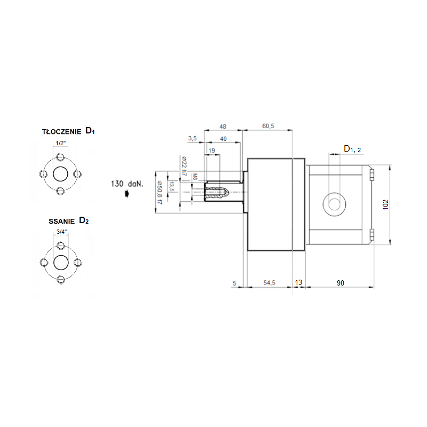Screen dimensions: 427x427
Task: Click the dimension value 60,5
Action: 268,126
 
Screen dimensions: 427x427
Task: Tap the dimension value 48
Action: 223,126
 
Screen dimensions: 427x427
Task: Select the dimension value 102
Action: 385,204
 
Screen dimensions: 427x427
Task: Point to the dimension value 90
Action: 341,283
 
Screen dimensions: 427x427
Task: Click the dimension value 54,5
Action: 270,283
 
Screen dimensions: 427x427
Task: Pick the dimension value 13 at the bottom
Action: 298,283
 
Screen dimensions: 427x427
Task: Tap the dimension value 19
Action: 212,151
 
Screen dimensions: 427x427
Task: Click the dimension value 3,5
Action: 192,138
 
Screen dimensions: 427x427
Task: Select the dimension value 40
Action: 223,139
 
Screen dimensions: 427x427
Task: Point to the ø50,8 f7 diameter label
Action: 160,193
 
